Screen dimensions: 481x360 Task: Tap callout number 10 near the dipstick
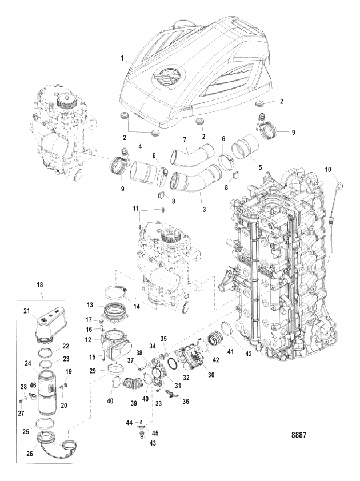click(328, 170)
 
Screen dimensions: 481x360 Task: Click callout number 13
click(89, 305)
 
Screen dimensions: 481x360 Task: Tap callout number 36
click(186, 402)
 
